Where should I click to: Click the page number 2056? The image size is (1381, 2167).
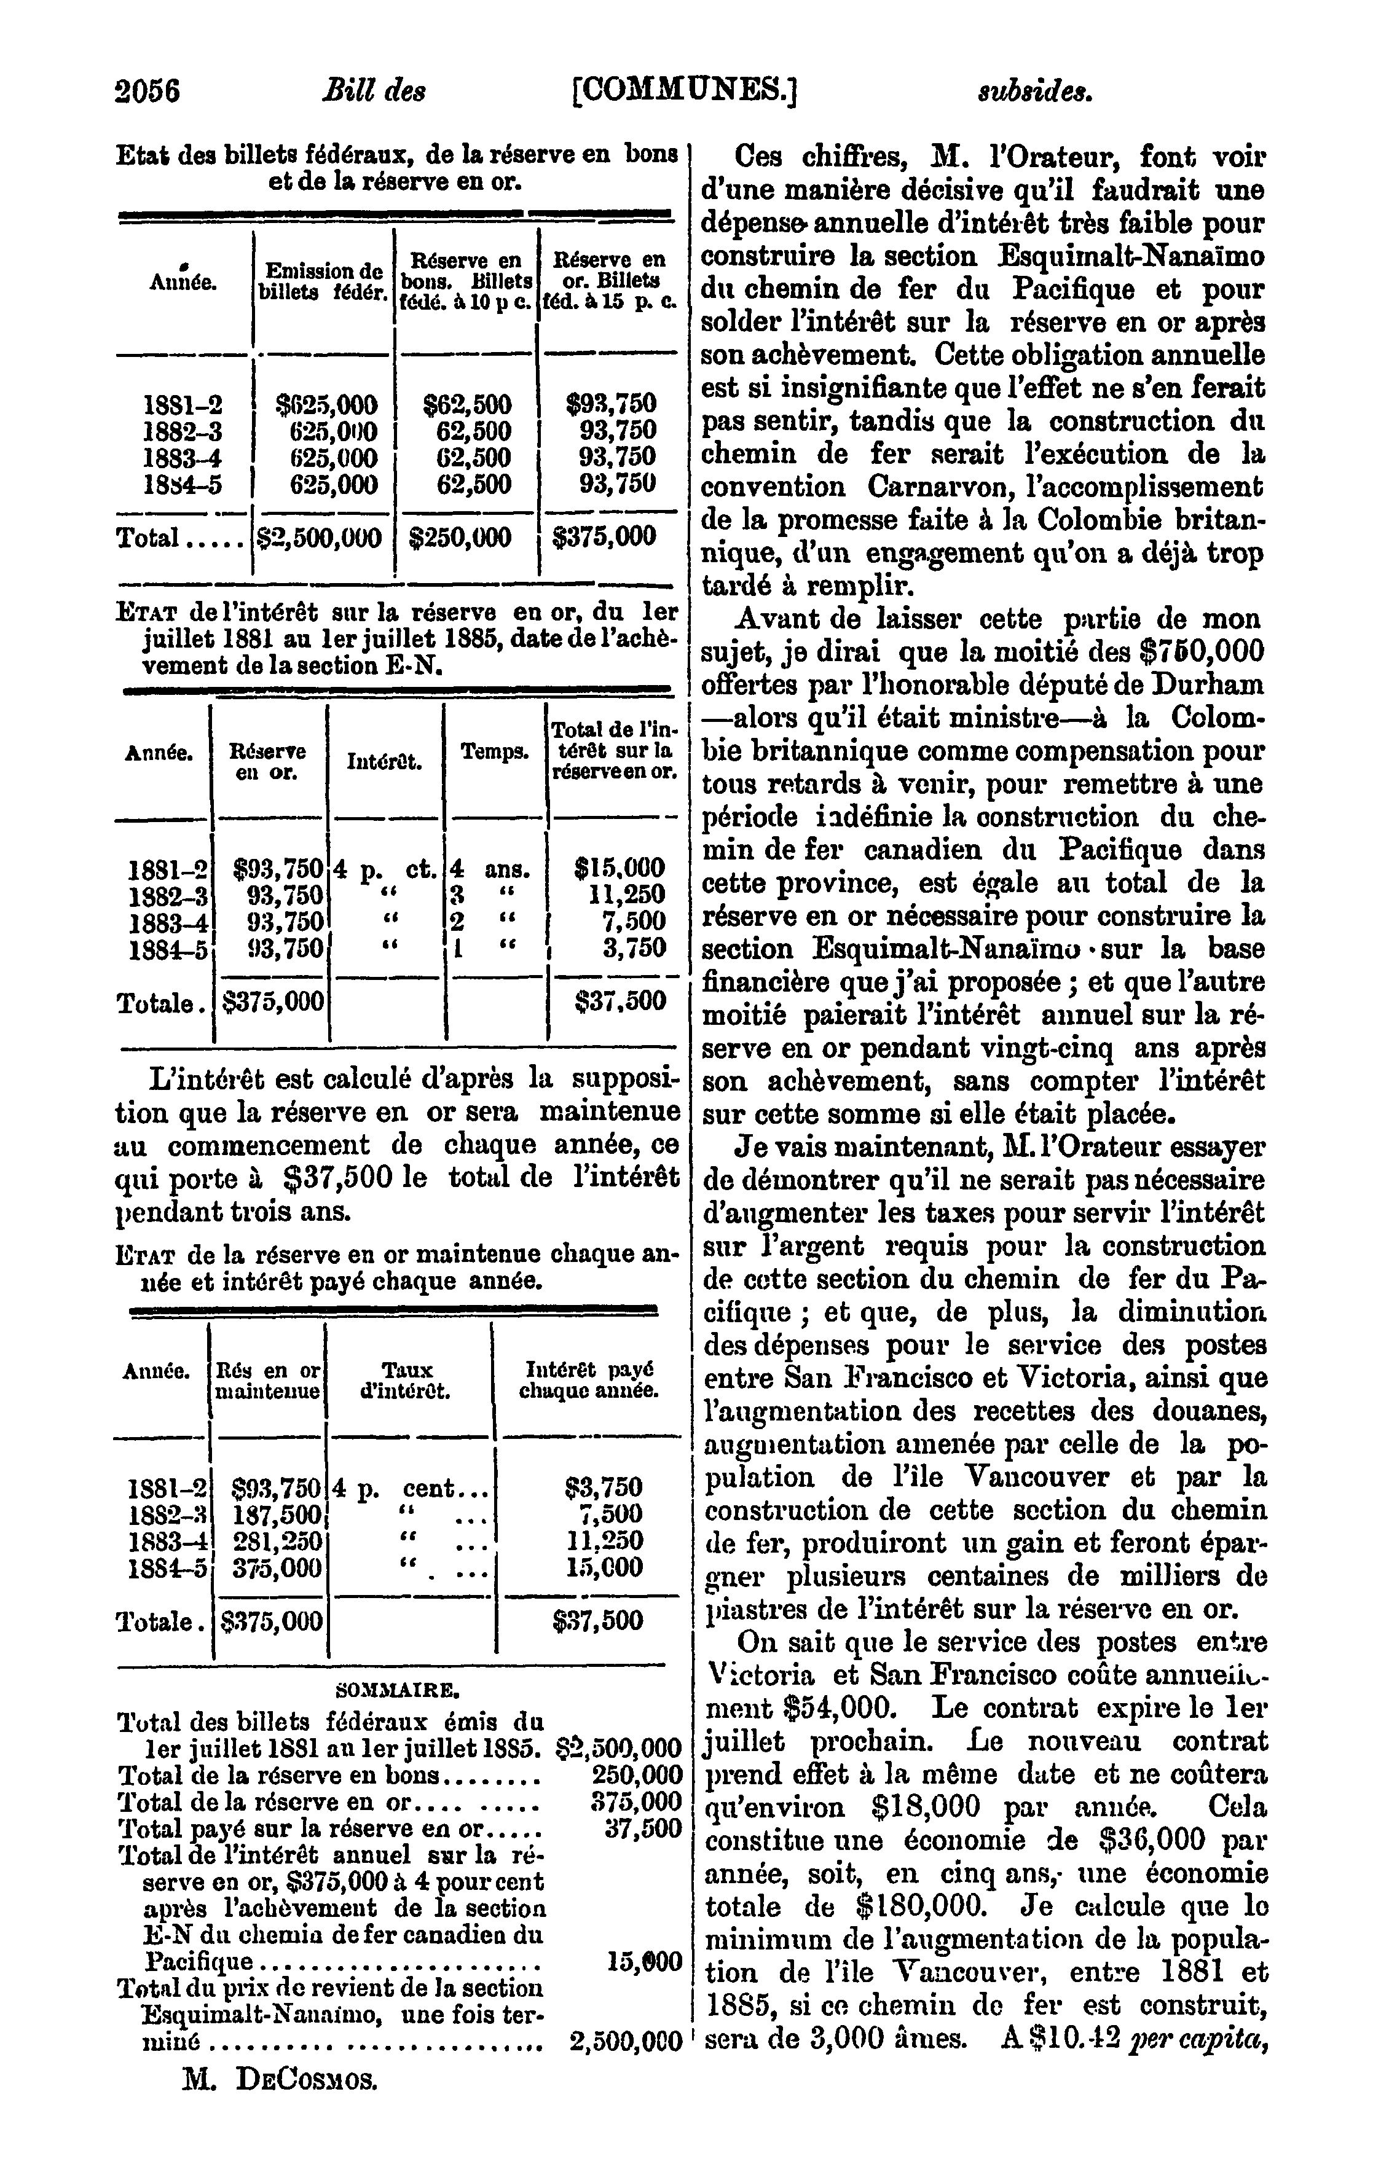click(148, 92)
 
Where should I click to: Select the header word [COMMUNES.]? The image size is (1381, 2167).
click(685, 92)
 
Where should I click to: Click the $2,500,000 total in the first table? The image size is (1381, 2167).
click(320, 538)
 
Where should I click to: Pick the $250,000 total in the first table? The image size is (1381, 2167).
click(460, 538)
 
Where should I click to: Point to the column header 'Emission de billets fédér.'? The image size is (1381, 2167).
click(322, 281)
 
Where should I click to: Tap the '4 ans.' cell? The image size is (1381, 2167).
click(490, 870)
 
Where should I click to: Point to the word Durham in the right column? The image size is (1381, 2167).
click(1205, 685)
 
